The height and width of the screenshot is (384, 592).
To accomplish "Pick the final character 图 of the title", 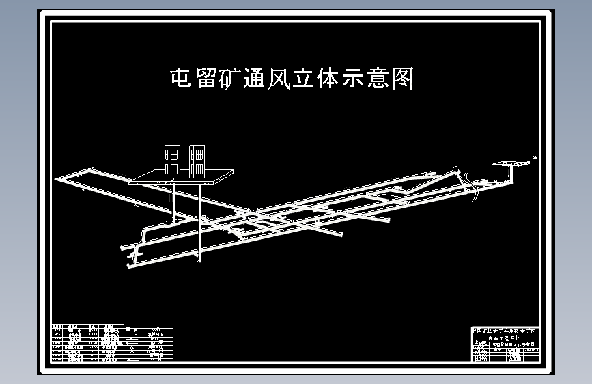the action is [x=403, y=79].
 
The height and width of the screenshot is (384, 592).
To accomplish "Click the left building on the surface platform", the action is [x=173, y=160].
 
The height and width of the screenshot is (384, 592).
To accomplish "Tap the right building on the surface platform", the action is [x=198, y=160].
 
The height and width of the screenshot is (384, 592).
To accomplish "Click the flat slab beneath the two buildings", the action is [x=181, y=177].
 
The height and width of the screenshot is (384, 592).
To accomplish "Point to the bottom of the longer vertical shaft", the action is [x=199, y=260].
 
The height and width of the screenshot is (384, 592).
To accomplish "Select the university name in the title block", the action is [x=506, y=331].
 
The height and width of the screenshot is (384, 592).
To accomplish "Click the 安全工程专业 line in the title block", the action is [x=506, y=338].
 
